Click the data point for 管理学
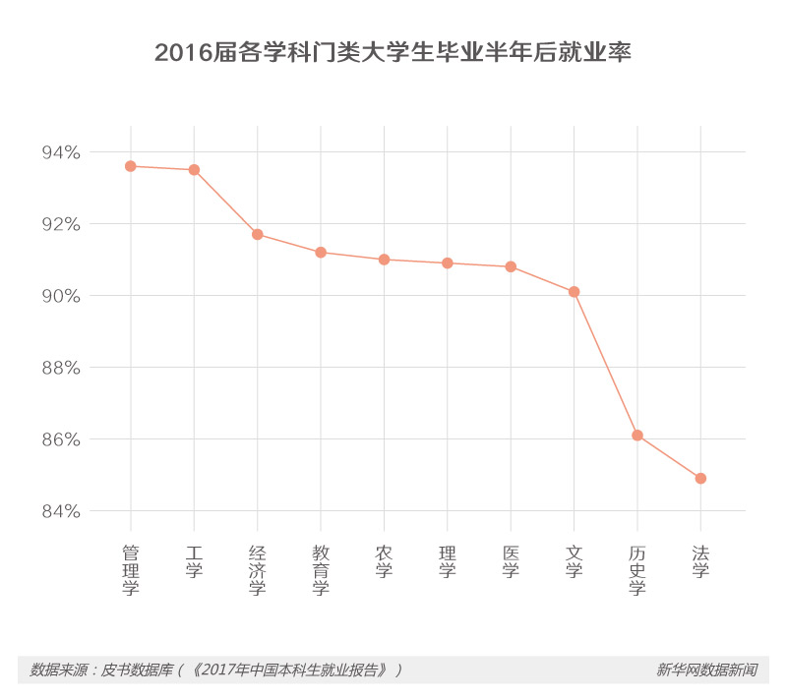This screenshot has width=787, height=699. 131,166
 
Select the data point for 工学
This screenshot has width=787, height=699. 194,170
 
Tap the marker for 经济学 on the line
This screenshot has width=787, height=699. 258,234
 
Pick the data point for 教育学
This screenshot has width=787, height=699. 321,253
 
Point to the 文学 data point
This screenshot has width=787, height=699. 574,292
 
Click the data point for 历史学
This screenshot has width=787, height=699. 637,436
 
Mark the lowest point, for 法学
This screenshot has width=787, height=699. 700,479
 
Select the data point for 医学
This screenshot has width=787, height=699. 511,266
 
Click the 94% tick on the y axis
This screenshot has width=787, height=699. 60,152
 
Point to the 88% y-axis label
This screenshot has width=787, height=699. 60,368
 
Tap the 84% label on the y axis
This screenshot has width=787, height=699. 60,511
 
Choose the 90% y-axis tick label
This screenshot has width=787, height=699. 60,296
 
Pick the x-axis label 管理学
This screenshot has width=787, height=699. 131,569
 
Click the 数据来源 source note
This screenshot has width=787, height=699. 216,670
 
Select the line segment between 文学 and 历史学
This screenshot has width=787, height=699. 606,364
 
